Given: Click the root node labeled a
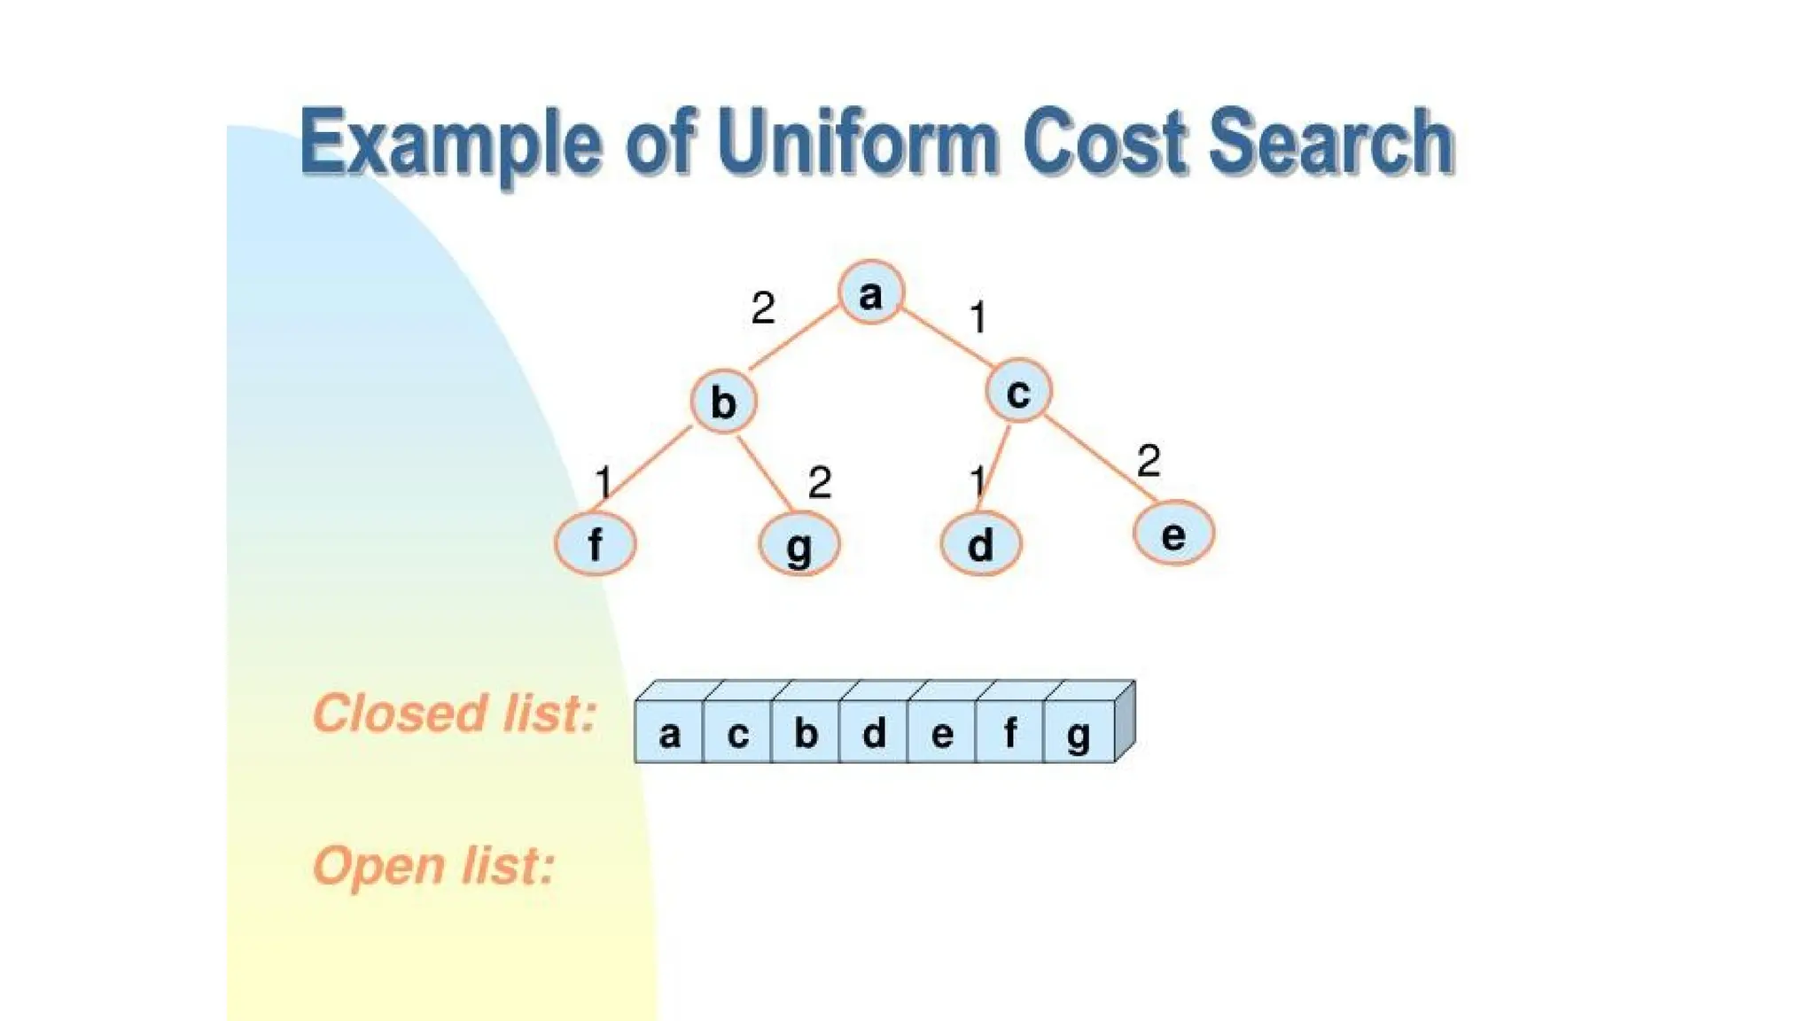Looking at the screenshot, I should tap(871, 292).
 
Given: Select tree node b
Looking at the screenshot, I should tap(723, 401).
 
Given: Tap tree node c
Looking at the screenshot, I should tap(1018, 391).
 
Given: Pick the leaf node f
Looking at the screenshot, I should tap(595, 543).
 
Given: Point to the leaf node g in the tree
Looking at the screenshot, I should tap(798, 544).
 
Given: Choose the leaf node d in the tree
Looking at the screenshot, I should tap(980, 544).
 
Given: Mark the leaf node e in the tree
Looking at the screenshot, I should tap(1173, 534).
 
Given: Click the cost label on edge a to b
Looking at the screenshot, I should tap(762, 308).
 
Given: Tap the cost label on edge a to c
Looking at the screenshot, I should tap(978, 317).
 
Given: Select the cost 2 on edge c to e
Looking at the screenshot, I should tap(1148, 461).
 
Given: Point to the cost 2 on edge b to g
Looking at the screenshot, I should tap(819, 483).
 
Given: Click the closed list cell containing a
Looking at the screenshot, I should tap(669, 733).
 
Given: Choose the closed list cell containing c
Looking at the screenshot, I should tap(737, 733).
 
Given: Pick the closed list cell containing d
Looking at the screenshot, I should tap(874, 733).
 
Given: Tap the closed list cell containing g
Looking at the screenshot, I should tap(1079, 733).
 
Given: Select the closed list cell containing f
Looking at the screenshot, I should tap(1009, 733).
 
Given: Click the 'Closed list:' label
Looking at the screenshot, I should tap(454, 713).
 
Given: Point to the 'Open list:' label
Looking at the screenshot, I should tap(433, 865).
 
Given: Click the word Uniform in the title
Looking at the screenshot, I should tap(858, 142).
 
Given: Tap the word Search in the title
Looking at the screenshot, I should tap(1330, 142).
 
